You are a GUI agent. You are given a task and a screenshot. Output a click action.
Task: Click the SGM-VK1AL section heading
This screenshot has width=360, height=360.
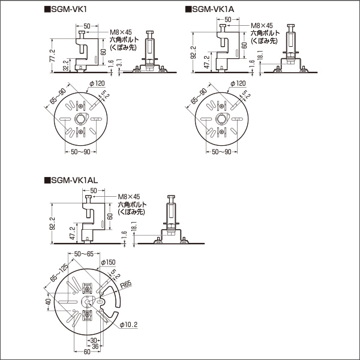72,180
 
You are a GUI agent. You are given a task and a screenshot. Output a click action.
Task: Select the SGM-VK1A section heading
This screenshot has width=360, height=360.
211,10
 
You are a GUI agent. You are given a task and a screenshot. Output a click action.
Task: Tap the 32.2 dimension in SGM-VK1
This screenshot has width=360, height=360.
65,65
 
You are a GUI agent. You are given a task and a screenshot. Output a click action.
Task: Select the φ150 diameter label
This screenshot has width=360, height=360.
108,263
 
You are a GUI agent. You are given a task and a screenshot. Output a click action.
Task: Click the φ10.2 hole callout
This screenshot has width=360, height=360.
129,325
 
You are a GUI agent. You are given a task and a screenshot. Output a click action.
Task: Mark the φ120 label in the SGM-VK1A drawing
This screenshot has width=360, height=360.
238,83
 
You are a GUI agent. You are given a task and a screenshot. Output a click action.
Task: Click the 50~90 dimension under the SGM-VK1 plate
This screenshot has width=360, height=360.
77,152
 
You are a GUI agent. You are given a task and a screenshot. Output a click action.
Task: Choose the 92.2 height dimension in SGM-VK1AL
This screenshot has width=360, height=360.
52,223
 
